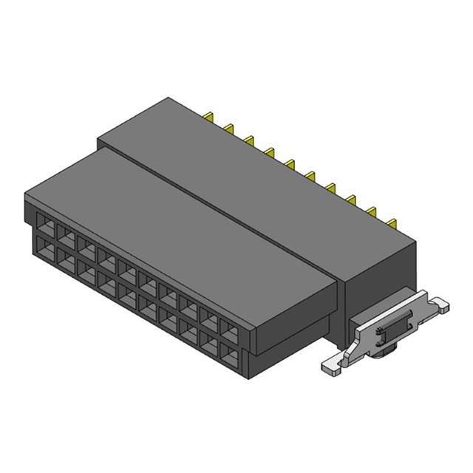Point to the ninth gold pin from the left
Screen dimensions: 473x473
370,208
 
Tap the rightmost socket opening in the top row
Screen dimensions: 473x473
231,333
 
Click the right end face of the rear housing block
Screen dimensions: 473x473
377,281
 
